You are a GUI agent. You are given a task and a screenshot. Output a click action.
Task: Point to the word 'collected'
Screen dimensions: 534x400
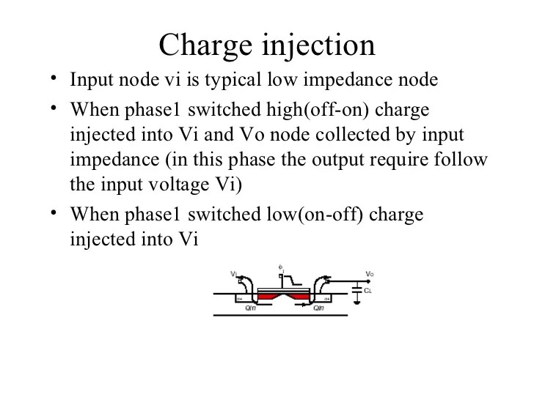pyautogui.click(x=355, y=136)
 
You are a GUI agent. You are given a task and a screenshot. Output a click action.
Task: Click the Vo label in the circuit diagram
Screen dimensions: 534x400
pyautogui.click(x=370, y=275)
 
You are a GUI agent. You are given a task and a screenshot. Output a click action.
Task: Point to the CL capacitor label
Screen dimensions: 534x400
pyautogui.click(x=369, y=291)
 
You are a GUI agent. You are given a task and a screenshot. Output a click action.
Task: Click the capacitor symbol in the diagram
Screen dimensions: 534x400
pyautogui.click(x=356, y=291)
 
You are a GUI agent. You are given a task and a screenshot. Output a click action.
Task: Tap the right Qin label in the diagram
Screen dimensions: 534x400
pyautogui.click(x=319, y=308)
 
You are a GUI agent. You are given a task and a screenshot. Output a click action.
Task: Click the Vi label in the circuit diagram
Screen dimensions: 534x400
pyautogui.click(x=233, y=274)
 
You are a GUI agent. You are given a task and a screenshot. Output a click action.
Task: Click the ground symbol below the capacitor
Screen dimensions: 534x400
pyautogui.click(x=356, y=301)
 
